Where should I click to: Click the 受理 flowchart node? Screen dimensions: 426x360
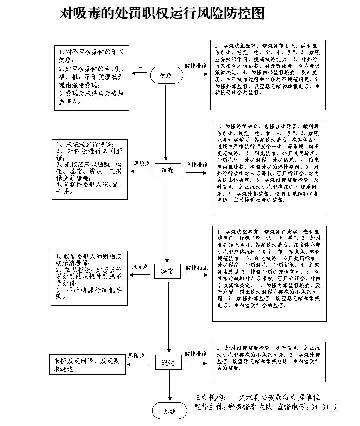point(166,75)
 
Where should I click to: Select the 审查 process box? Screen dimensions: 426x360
point(167,170)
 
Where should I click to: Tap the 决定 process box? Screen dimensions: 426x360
point(167,271)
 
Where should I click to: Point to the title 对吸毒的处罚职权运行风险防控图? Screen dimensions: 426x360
point(163,13)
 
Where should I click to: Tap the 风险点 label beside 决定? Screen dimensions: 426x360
point(140,267)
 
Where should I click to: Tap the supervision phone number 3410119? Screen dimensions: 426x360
point(324,407)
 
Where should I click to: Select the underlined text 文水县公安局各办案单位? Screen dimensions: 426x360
point(279,397)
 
